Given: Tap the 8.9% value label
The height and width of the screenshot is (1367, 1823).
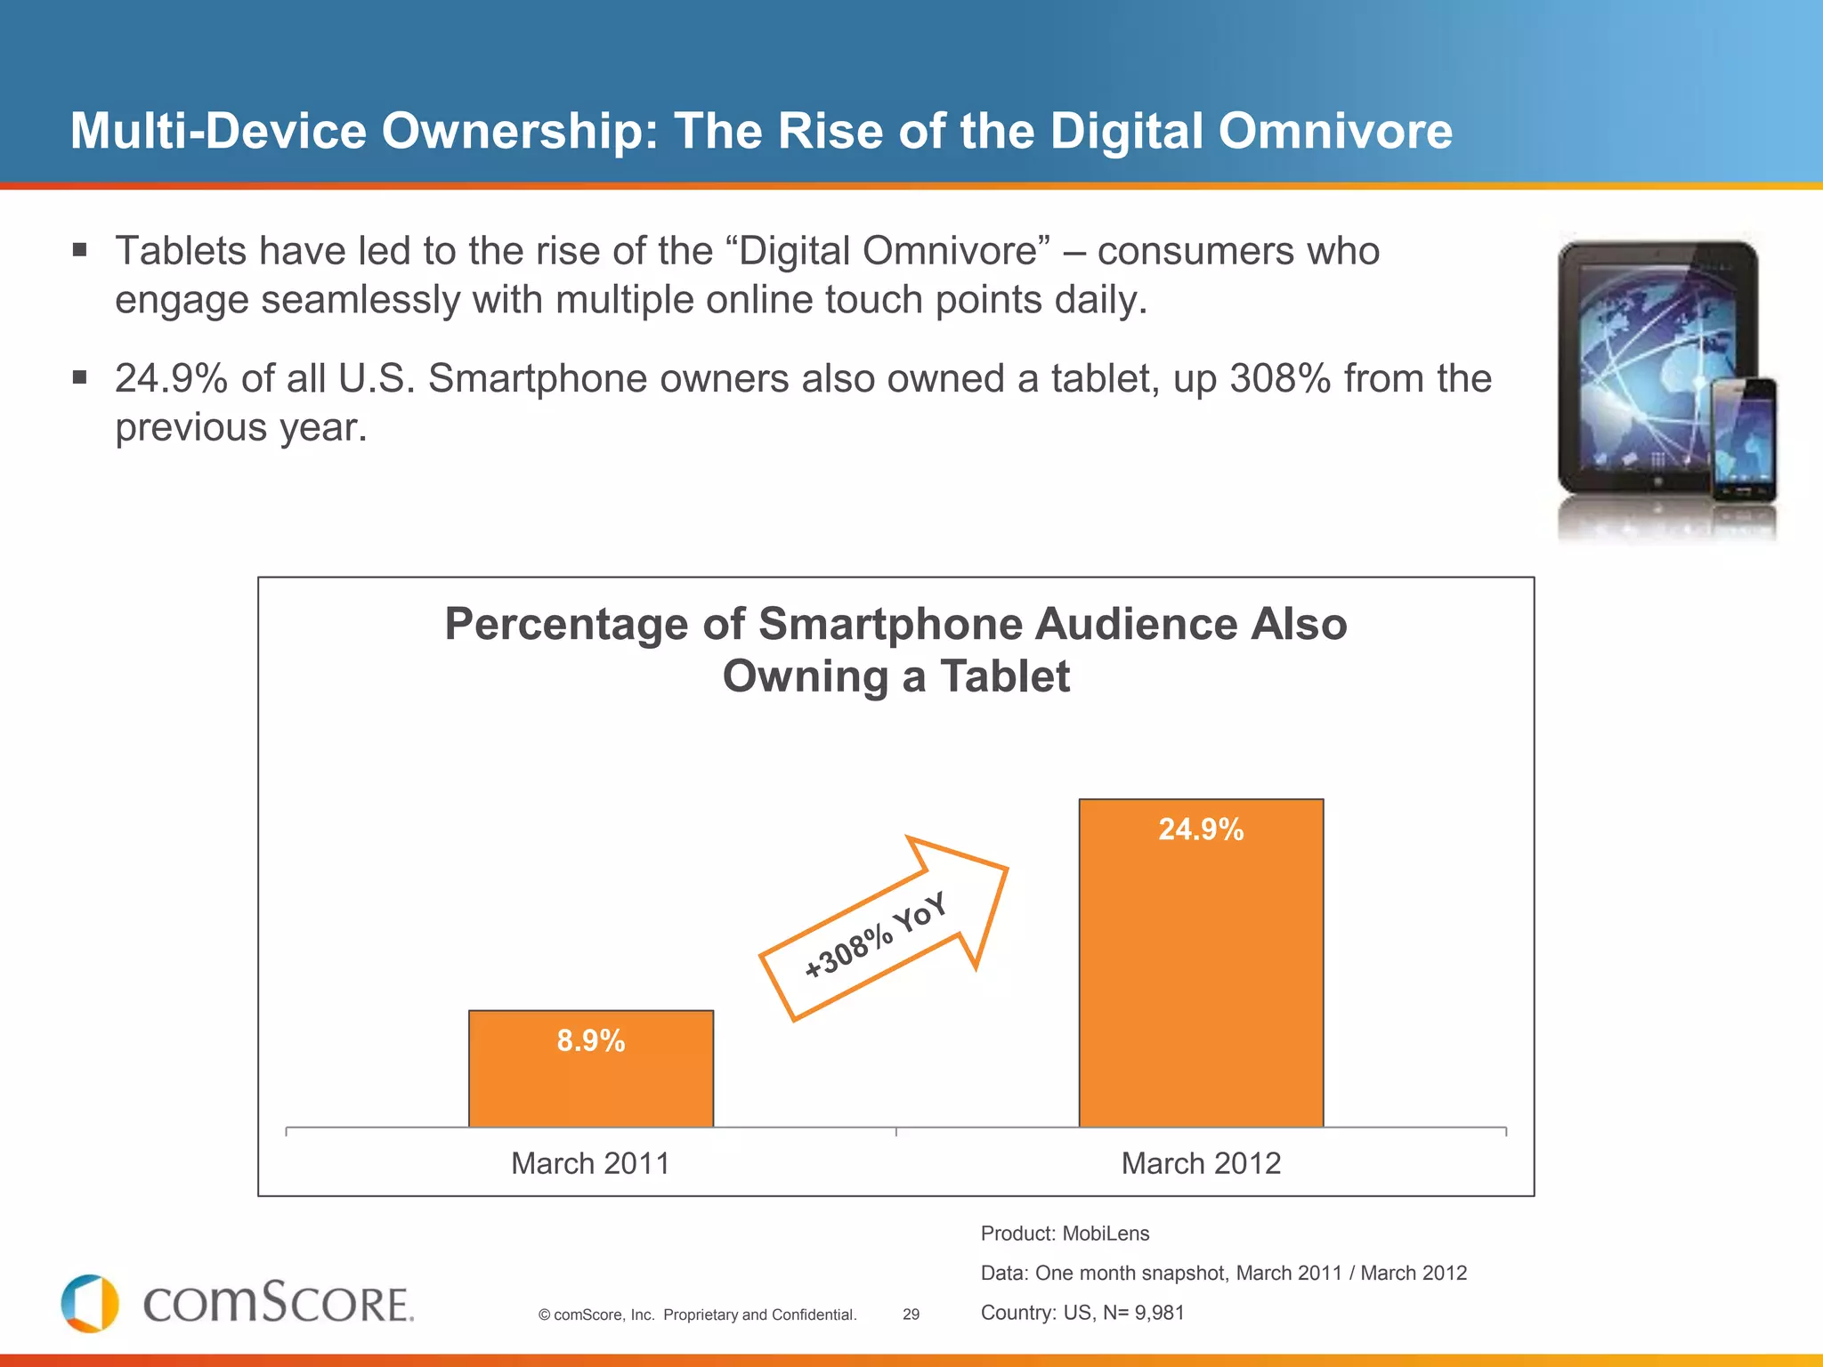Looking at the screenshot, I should tap(591, 1040).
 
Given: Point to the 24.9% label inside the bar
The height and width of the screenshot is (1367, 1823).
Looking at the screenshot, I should tap(1201, 829).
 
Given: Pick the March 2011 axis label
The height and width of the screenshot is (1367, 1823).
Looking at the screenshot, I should tap(590, 1163).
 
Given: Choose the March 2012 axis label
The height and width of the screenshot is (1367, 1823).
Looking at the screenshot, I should tap(1201, 1163).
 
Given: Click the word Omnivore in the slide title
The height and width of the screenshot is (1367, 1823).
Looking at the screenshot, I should tap(1335, 132).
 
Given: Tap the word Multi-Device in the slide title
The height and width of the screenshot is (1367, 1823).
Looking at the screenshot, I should tap(218, 132).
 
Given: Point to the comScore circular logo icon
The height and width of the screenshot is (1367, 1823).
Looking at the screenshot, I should tap(90, 1304).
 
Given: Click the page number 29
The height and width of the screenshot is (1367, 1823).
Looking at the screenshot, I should tap(911, 1314).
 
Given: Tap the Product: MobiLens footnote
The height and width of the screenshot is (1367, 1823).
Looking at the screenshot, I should tap(1065, 1234).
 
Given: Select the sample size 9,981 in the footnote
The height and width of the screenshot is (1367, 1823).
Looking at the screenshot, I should tap(1159, 1313).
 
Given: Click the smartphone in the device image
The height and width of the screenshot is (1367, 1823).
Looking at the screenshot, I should tap(1744, 441).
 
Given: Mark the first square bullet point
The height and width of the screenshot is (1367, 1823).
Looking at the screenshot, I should tap(80, 250).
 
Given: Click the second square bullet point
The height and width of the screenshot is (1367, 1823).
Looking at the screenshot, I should tap(80, 378).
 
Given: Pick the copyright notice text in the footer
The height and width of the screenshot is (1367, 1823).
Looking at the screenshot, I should tap(697, 1314).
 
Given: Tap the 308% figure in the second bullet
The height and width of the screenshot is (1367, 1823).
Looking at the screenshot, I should tap(1280, 379).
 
